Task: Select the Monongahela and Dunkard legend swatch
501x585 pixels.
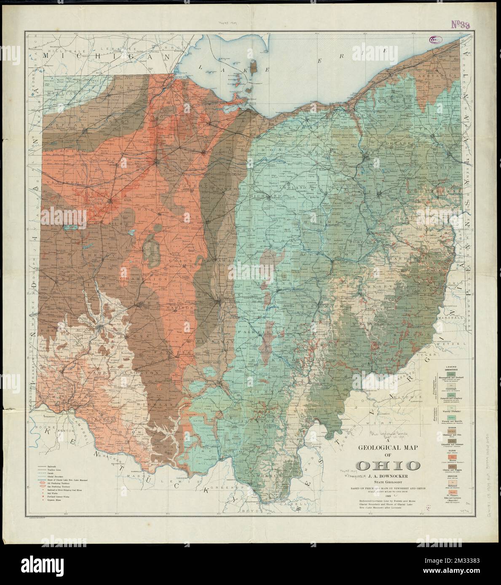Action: [450, 374]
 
